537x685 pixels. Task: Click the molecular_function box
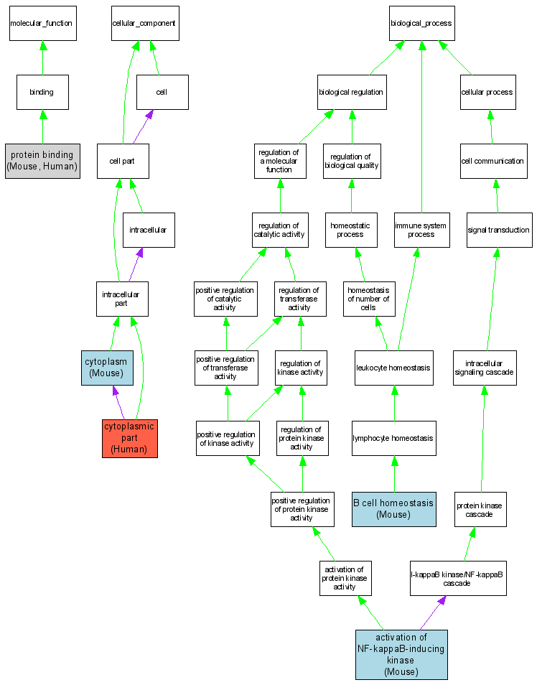point(41,23)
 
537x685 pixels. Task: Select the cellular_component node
point(144,23)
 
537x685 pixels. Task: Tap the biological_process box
point(421,23)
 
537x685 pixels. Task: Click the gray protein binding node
point(42,160)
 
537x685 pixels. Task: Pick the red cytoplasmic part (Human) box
point(129,438)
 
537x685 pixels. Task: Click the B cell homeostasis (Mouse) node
point(393,509)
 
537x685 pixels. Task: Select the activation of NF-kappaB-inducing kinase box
point(401,654)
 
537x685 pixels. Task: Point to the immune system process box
point(421,230)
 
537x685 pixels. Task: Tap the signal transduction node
point(498,230)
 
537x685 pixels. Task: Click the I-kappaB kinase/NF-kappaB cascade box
point(457,578)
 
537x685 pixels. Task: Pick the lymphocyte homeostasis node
point(393,438)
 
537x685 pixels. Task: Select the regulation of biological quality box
point(351,161)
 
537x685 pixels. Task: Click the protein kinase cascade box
point(480,509)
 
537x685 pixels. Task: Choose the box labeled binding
point(42,92)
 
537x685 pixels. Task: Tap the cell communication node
point(492,161)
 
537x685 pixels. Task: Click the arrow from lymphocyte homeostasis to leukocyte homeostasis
point(393,403)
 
